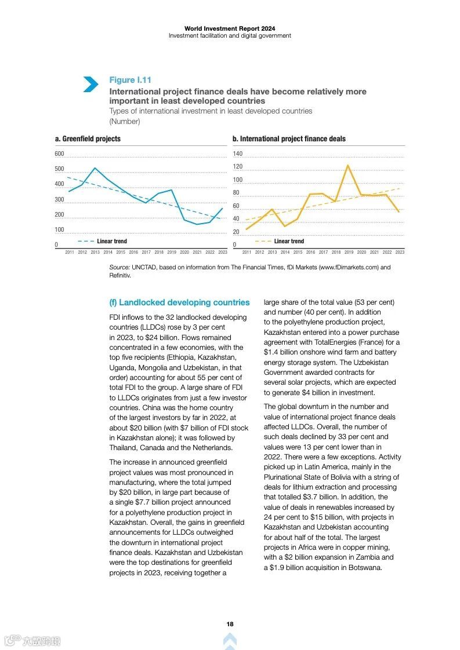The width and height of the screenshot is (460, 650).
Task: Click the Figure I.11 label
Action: point(130,80)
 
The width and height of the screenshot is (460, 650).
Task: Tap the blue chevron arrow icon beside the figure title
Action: point(90,84)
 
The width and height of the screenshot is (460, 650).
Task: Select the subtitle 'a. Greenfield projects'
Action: point(88,139)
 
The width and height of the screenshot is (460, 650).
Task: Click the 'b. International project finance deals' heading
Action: point(289,139)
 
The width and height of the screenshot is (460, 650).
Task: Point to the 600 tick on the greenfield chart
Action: point(59,154)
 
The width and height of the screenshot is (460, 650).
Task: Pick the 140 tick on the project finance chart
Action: point(237,154)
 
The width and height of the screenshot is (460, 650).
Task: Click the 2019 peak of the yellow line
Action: point(348,166)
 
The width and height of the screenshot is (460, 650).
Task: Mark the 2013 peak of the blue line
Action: point(95,168)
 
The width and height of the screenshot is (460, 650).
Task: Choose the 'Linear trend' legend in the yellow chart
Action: point(288,241)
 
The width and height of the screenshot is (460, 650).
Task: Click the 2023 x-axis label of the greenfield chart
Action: point(223,252)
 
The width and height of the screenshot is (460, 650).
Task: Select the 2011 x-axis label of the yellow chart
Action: point(247,252)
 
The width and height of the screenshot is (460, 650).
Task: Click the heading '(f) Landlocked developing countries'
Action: point(179,302)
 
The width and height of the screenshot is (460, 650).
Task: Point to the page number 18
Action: point(230,624)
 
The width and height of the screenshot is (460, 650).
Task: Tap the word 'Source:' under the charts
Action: point(119,267)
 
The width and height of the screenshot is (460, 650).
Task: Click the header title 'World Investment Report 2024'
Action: point(230,28)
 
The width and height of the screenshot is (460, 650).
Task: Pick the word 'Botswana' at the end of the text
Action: point(364,568)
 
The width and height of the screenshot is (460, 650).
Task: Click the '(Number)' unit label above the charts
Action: point(124,122)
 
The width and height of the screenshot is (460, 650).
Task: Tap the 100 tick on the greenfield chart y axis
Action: point(59,231)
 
